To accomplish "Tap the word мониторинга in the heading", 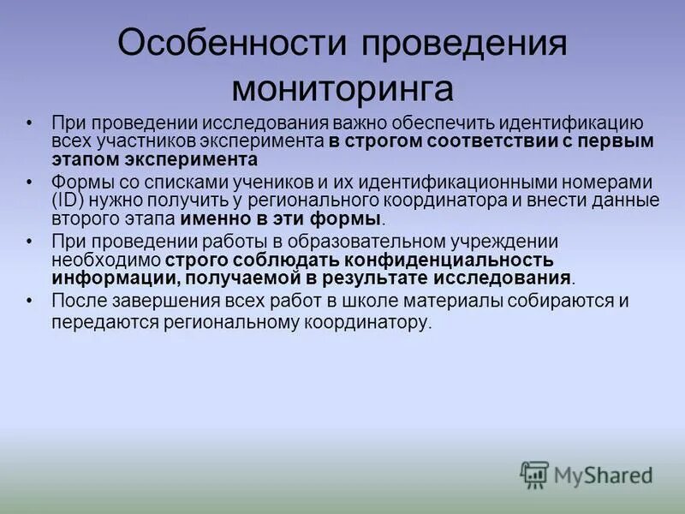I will [x=342, y=87].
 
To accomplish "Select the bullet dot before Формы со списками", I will [x=31, y=183].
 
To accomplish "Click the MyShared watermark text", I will [x=604, y=475].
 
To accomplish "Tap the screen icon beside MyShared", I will [x=534, y=474].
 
